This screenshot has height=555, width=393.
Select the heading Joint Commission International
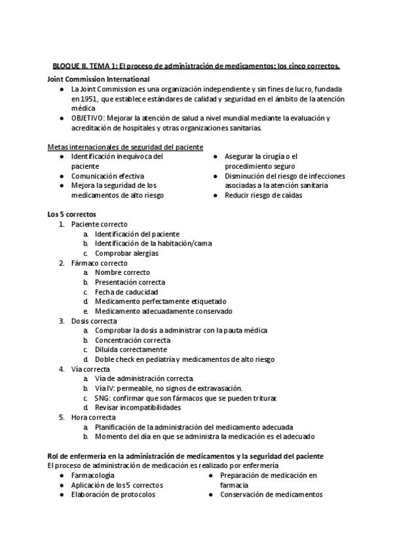(98, 79)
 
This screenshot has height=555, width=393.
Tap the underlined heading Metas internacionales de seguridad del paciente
(125, 147)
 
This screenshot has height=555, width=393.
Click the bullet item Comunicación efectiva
(107, 176)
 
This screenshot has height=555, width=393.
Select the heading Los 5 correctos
(71, 214)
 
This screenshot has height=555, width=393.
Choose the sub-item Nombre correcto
(122, 272)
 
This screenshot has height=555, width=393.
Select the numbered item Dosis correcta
(94, 321)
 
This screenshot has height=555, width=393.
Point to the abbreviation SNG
(102, 398)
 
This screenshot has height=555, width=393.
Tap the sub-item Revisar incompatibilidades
(138, 408)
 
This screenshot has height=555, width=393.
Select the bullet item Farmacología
(92, 475)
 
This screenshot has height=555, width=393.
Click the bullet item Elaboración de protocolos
(113, 495)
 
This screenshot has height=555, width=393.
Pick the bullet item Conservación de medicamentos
(271, 495)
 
